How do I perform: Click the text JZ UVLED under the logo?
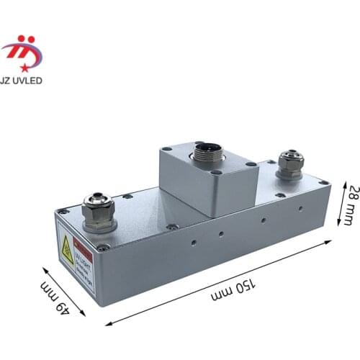pyautogui.click(x=22, y=80)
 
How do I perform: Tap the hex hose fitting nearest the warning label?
pyautogui.click(x=99, y=210)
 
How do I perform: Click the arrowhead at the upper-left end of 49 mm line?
pyautogui.click(x=45, y=269)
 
